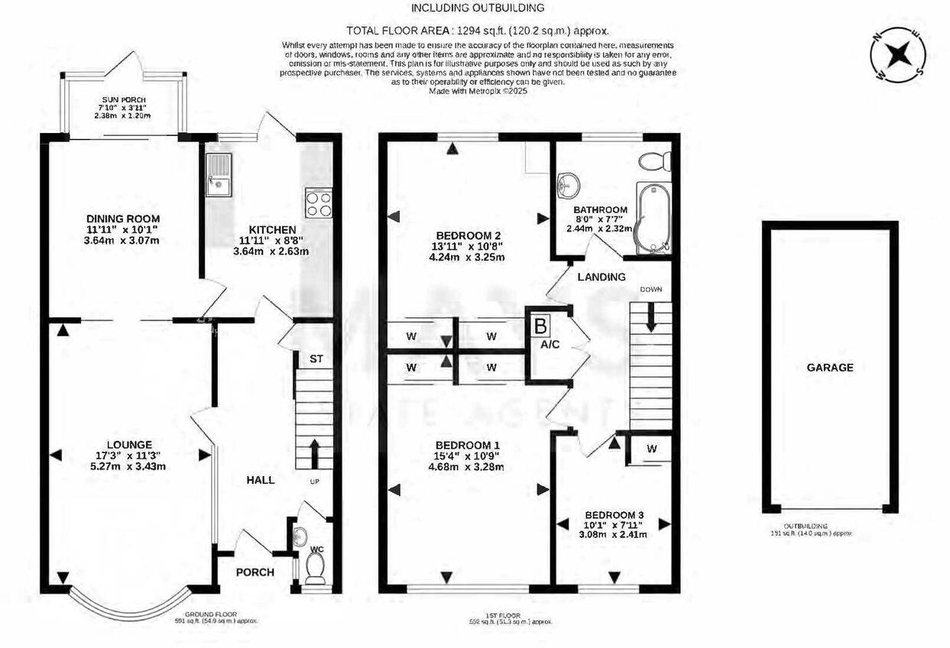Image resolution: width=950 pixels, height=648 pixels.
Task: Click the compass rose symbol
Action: [x=900, y=53]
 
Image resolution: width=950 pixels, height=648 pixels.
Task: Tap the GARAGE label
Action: [x=830, y=368]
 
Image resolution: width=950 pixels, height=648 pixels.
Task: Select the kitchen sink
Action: [x=218, y=173]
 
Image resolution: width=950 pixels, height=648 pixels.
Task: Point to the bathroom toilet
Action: [x=655, y=161]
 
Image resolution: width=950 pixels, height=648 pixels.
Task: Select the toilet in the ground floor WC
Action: [x=314, y=568]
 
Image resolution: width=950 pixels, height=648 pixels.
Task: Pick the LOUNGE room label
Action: [x=129, y=444]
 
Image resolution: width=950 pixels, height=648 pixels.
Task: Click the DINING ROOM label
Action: [x=122, y=219]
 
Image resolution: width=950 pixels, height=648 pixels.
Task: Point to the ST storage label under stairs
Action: [x=316, y=359]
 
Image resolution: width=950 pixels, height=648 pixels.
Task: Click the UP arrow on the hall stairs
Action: [x=313, y=452]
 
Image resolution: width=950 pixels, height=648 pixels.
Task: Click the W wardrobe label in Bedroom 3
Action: [x=651, y=449]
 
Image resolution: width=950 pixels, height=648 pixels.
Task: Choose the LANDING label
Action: [x=601, y=277]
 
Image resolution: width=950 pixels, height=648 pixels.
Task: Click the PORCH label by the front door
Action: [x=255, y=572]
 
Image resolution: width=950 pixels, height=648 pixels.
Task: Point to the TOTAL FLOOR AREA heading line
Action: [x=478, y=31]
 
